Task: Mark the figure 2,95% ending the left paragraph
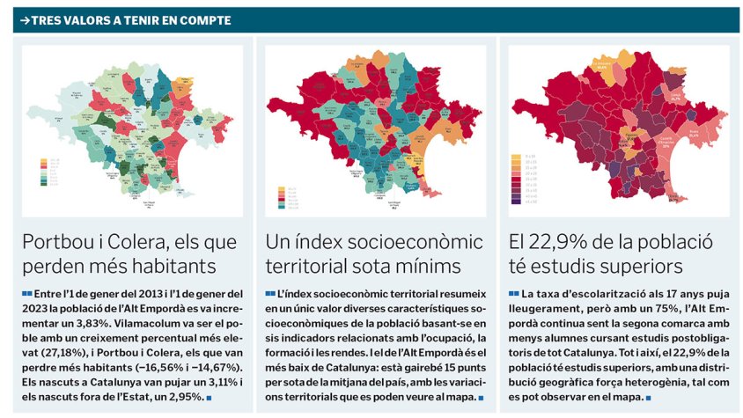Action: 182,398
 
